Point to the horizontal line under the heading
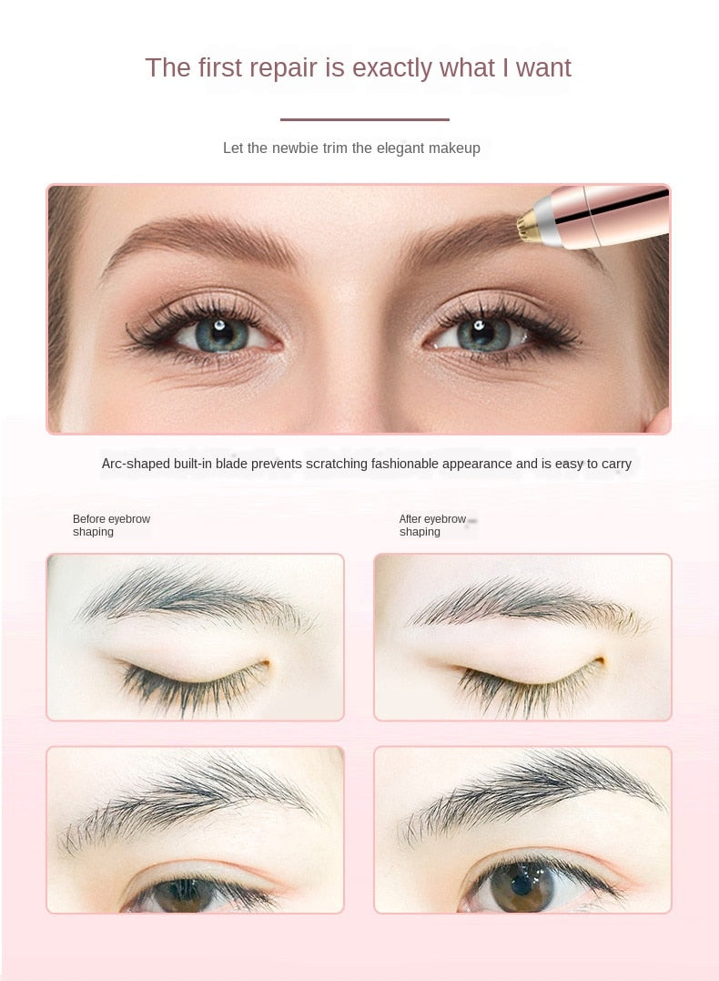click(x=364, y=119)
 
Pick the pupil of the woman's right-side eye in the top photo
click(x=481, y=333)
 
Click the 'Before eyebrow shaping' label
click(x=111, y=526)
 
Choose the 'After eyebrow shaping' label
click(x=432, y=526)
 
